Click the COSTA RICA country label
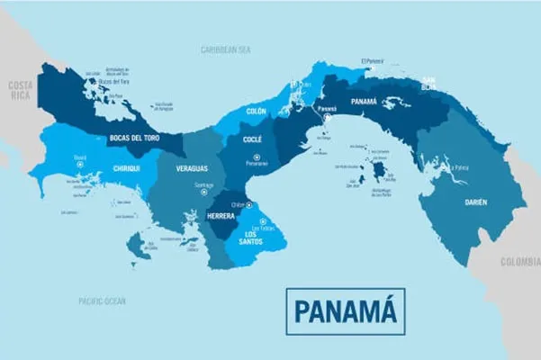[x=20, y=89]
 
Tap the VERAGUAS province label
[x=192, y=167]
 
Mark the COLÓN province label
[x=257, y=111]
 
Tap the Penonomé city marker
[x=257, y=157]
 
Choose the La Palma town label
[x=462, y=166]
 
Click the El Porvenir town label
[x=372, y=61]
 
